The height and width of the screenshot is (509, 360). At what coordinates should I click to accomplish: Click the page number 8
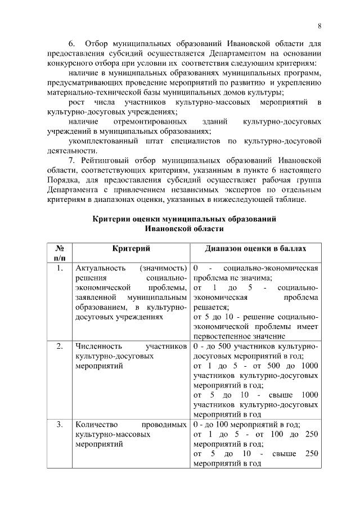pyautogui.click(x=319, y=26)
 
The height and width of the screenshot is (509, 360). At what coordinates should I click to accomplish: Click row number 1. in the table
pyautogui.click(x=59, y=268)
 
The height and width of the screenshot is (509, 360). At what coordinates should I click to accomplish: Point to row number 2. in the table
pyautogui.click(x=59, y=346)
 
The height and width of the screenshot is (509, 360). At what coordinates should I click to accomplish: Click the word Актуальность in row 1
pyautogui.click(x=98, y=268)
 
